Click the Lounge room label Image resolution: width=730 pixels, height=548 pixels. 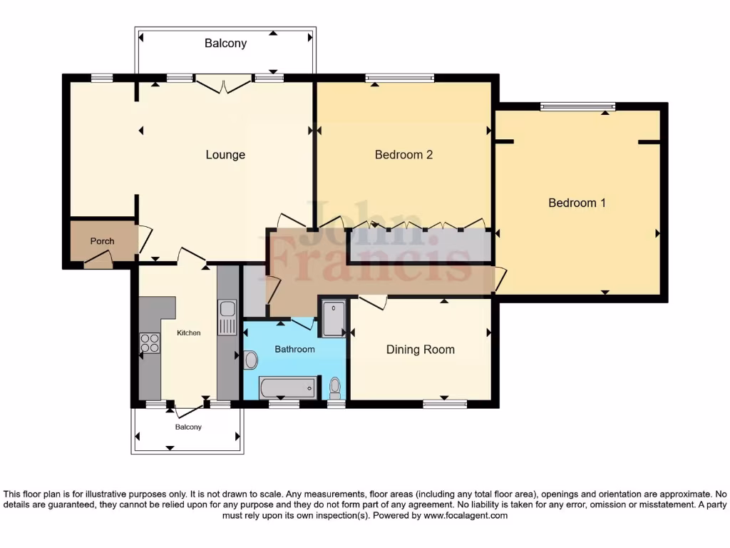(x=225, y=155)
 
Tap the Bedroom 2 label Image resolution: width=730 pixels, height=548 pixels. (x=403, y=155)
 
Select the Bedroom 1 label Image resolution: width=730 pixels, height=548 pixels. (x=577, y=203)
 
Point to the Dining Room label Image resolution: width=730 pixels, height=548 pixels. (x=421, y=350)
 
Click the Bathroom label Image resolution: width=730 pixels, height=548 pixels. (x=294, y=349)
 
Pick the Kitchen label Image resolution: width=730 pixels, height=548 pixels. (x=188, y=333)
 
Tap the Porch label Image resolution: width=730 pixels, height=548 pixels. (x=102, y=241)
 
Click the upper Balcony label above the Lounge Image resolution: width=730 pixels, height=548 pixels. (x=225, y=44)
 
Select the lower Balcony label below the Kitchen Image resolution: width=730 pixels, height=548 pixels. (x=188, y=427)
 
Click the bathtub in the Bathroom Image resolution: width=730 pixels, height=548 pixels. (x=287, y=387)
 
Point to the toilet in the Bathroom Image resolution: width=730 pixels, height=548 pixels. (x=335, y=387)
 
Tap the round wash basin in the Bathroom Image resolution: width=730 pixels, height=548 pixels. (x=251, y=360)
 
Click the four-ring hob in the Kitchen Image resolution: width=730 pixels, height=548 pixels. (x=150, y=343)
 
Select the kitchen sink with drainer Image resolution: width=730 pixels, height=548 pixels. (x=227, y=318)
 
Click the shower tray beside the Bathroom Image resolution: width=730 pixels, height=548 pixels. (x=334, y=318)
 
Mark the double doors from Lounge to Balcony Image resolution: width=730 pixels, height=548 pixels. (x=224, y=85)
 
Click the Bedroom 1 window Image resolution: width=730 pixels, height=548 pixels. (x=577, y=107)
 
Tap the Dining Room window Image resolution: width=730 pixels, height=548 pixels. (x=445, y=404)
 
